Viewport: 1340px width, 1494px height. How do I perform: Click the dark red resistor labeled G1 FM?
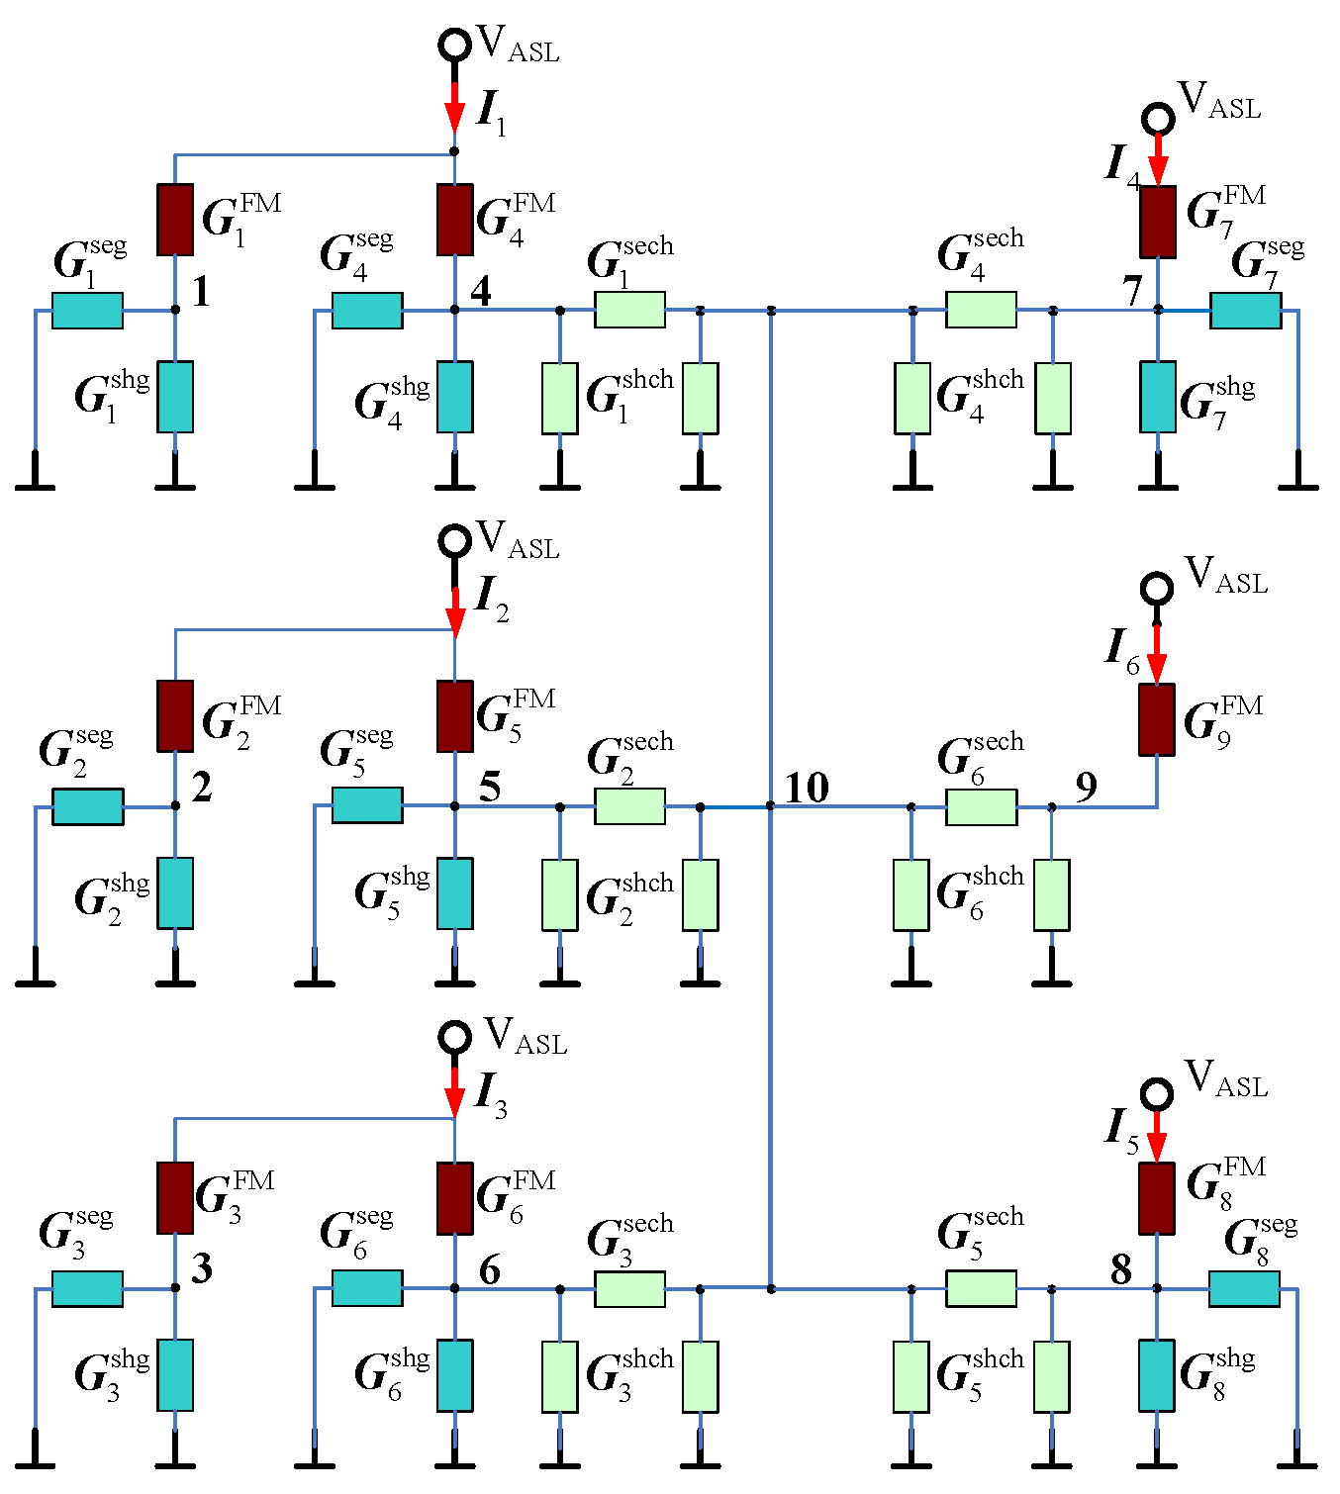pyautogui.click(x=175, y=219)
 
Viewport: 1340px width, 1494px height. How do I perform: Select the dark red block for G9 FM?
pyautogui.click(x=1156, y=719)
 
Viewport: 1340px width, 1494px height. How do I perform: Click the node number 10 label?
pyautogui.click(x=807, y=788)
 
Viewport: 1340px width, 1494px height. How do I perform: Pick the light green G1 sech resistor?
pyautogui.click(x=629, y=310)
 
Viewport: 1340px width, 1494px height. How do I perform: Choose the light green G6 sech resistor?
pyautogui.click(x=981, y=806)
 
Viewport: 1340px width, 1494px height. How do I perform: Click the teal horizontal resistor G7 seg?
pyautogui.click(x=1245, y=310)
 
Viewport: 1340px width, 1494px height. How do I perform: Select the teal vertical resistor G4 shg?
pyautogui.click(x=454, y=397)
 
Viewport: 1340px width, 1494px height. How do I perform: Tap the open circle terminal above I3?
pyautogui.click(x=454, y=1037)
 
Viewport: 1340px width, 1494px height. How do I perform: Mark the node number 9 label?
pyautogui.click(x=1086, y=787)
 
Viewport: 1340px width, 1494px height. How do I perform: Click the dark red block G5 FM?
pyautogui.click(x=454, y=715)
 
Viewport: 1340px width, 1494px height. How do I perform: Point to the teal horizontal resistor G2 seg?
pyautogui.click(x=88, y=806)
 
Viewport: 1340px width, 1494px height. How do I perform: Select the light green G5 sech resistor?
pyautogui.click(x=981, y=1288)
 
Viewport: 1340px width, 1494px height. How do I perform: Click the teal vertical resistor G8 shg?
pyautogui.click(x=1156, y=1375)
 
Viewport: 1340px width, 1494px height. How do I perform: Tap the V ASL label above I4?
pyautogui.click(x=1219, y=101)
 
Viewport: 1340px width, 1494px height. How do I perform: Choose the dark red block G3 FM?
pyautogui.click(x=175, y=1197)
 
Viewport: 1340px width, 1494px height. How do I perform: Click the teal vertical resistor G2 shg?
pyautogui.click(x=175, y=892)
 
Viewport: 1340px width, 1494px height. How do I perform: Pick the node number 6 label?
pyautogui.click(x=489, y=1269)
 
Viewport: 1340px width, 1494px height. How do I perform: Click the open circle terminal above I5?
pyautogui.click(x=1156, y=1094)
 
